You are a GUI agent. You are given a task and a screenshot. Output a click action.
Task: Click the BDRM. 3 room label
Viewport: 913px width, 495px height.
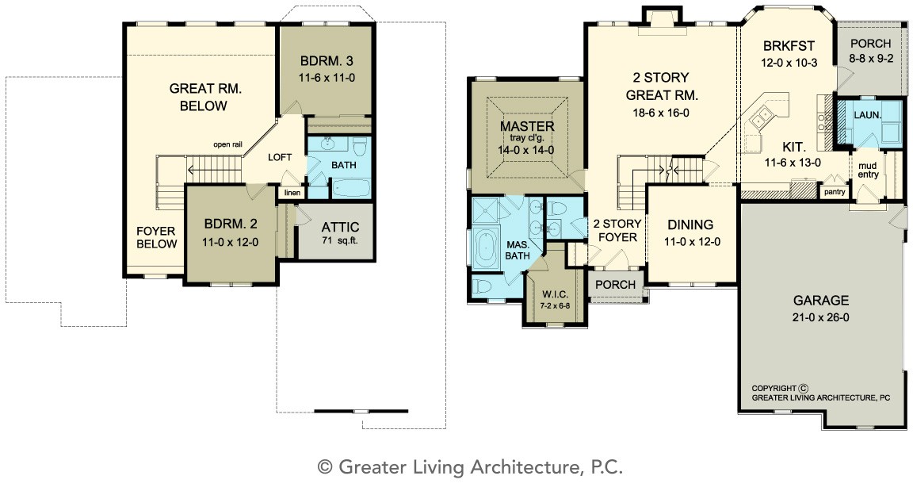[x=327, y=61]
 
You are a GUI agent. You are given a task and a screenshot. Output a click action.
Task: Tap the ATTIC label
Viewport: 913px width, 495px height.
[x=340, y=228]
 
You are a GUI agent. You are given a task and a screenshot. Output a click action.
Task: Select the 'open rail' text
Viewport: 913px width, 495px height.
[x=227, y=144]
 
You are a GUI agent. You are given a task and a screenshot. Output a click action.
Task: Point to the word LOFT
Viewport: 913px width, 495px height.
[x=280, y=157]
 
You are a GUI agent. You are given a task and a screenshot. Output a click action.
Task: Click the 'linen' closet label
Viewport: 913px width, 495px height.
[x=292, y=193]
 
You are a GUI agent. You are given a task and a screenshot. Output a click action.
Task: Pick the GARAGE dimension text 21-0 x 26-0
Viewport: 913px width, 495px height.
[x=820, y=318]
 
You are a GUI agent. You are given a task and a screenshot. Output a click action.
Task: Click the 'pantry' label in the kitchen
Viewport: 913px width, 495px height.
[x=835, y=192]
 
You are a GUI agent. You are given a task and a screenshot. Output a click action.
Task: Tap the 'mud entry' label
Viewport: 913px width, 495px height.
[x=868, y=171]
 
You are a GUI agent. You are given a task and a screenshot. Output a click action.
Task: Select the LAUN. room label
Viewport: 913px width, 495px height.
[x=868, y=115]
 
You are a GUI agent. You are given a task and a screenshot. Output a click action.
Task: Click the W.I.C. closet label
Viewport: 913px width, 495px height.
[x=555, y=294]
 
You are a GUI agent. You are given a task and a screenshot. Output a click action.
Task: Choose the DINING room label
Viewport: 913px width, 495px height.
[x=690, y=224]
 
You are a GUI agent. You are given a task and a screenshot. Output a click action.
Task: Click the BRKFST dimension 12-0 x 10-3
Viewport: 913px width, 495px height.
[x=789, y=63]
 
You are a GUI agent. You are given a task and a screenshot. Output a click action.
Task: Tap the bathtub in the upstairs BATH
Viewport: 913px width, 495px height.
[x=350, y=188]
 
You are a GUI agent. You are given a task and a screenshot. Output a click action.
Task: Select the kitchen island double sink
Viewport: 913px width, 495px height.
[x=762, y=117]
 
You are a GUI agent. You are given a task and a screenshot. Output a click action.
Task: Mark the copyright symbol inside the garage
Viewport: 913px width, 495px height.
[x=804, y=388]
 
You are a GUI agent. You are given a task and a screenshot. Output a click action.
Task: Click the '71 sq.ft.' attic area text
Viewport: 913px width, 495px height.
[x=340, y=240]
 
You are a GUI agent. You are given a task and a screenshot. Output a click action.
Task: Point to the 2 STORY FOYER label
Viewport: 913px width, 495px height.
[x=617, y=231]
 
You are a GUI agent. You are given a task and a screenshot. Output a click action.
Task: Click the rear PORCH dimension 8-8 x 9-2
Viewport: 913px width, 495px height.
[x=871, y=58]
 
